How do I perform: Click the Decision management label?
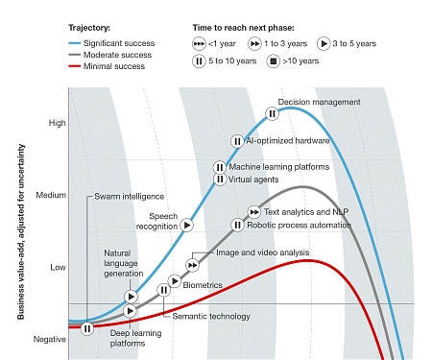[x=319, y=102]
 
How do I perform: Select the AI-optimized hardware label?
[x=288, y=140]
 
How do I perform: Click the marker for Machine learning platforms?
[x=220, y=167]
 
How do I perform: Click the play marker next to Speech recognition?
[x=187, y=224]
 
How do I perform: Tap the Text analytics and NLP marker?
[x=254, y=211]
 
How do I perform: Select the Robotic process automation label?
[x=298, y=225]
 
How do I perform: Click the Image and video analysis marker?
[x=193, y=265]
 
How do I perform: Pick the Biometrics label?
[x=203, y=285]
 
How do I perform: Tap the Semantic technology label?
[x=211, y=316]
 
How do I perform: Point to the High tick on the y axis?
[x=58, y=123]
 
